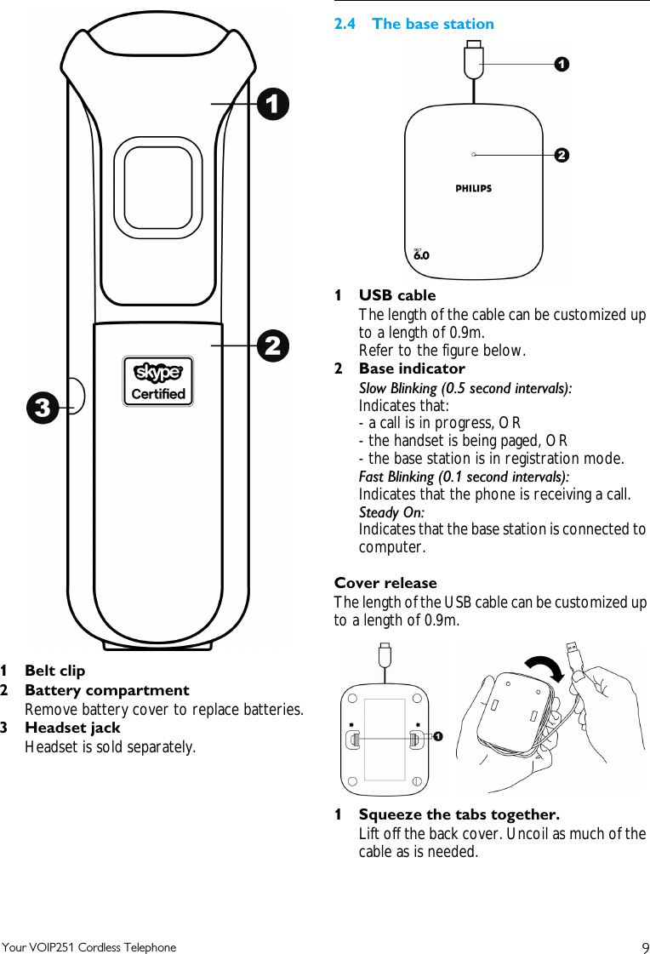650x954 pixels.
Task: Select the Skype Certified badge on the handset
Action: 158,381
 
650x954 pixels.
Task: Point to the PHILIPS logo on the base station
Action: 473,188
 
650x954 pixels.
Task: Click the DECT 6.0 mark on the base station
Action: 420,254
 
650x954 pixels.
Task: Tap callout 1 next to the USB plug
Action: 562,64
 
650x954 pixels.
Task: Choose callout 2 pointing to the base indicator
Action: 562,155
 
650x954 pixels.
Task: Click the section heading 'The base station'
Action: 432,24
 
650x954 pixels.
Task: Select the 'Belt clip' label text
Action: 54,671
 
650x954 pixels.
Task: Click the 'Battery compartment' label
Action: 107,690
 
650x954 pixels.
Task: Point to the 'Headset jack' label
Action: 72,728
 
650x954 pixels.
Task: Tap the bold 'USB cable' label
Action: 396,295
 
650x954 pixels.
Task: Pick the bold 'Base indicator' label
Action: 412,368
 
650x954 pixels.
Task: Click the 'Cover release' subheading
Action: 385,583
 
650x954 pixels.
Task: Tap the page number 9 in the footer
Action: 644,948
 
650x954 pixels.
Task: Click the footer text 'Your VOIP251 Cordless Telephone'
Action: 89,947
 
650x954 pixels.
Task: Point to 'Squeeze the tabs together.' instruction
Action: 459,814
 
